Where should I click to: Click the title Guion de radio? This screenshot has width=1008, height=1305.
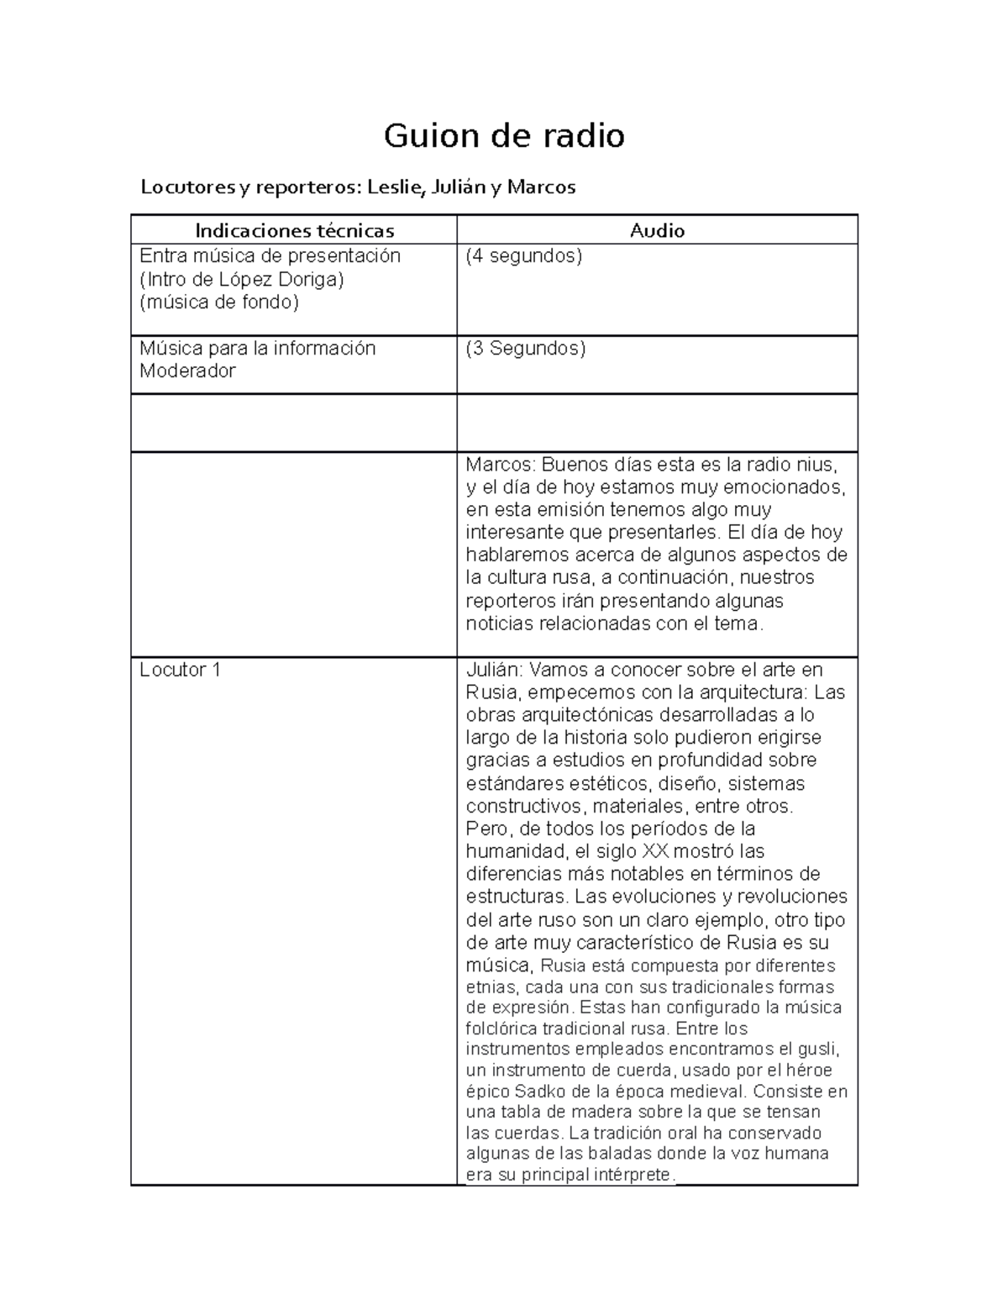tap(504, 135)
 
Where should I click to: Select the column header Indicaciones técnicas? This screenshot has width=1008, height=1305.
tap(294, 230)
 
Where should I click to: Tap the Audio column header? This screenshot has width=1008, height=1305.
tap(657, 230)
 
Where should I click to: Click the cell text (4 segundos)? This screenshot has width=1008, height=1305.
tap(524, 256)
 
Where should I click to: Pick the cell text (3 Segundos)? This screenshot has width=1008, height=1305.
tap(526, 348)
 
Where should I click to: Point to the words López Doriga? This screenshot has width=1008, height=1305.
tap(291, 279)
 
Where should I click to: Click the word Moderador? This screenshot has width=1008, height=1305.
tap(187, 371)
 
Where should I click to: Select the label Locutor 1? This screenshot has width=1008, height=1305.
tap(180, 670)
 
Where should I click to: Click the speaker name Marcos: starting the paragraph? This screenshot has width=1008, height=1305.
tap(500, 464)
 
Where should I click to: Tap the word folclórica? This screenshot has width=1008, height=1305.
tap(501, 1029)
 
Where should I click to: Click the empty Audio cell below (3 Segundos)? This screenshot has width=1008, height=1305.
tap(657, 423)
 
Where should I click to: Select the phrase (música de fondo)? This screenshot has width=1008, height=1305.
tap(219, 302)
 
